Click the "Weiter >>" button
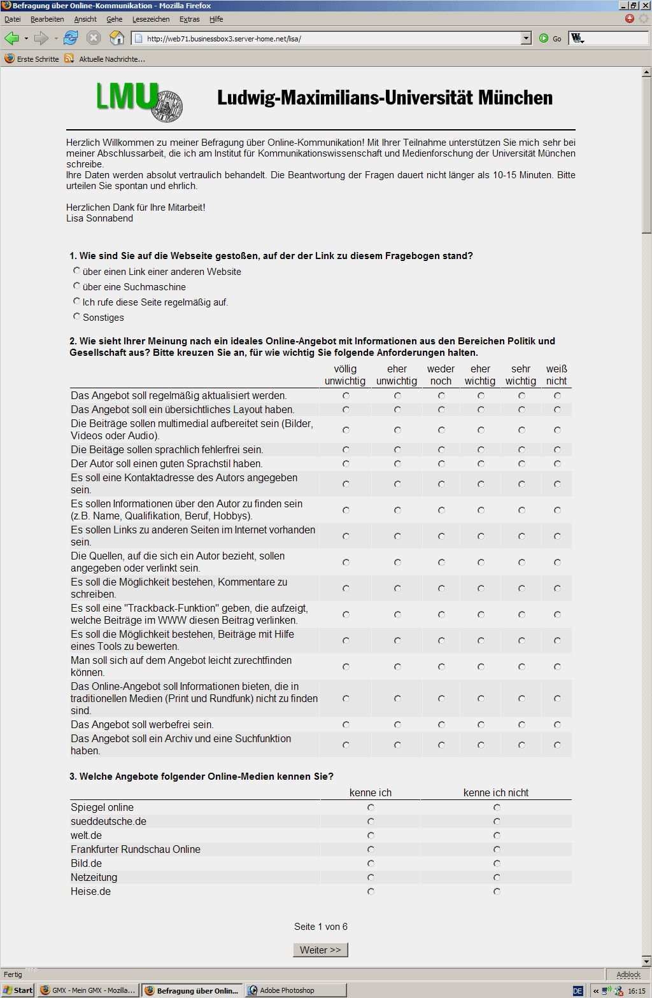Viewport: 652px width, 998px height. (x=320, y=950)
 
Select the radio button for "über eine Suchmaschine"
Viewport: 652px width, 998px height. (x=77, y=286)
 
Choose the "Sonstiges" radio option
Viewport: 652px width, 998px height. (x=77, y=316)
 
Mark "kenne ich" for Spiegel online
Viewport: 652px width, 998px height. (x=371, y=807)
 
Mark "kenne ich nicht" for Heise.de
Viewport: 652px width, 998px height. (x=497, y=892)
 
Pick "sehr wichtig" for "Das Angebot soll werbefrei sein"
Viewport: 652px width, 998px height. (x=521, y=724)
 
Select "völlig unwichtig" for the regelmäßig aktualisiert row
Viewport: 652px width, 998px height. (x=346, y=395)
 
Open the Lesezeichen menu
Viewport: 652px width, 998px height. (x=151, y=19)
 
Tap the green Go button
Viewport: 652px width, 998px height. (x=544, y=38)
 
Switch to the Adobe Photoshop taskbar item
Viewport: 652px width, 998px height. (x=287, y=990)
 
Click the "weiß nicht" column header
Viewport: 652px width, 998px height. (x=556, y=375)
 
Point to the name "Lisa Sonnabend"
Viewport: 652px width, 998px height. (x=100, y=218)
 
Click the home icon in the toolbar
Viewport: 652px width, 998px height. (x=117, y=38)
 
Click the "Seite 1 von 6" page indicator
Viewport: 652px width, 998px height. (x=321, y=927)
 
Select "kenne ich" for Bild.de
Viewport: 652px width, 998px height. (x=371, y=864)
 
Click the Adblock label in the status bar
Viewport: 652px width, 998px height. (x=628, y=974)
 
